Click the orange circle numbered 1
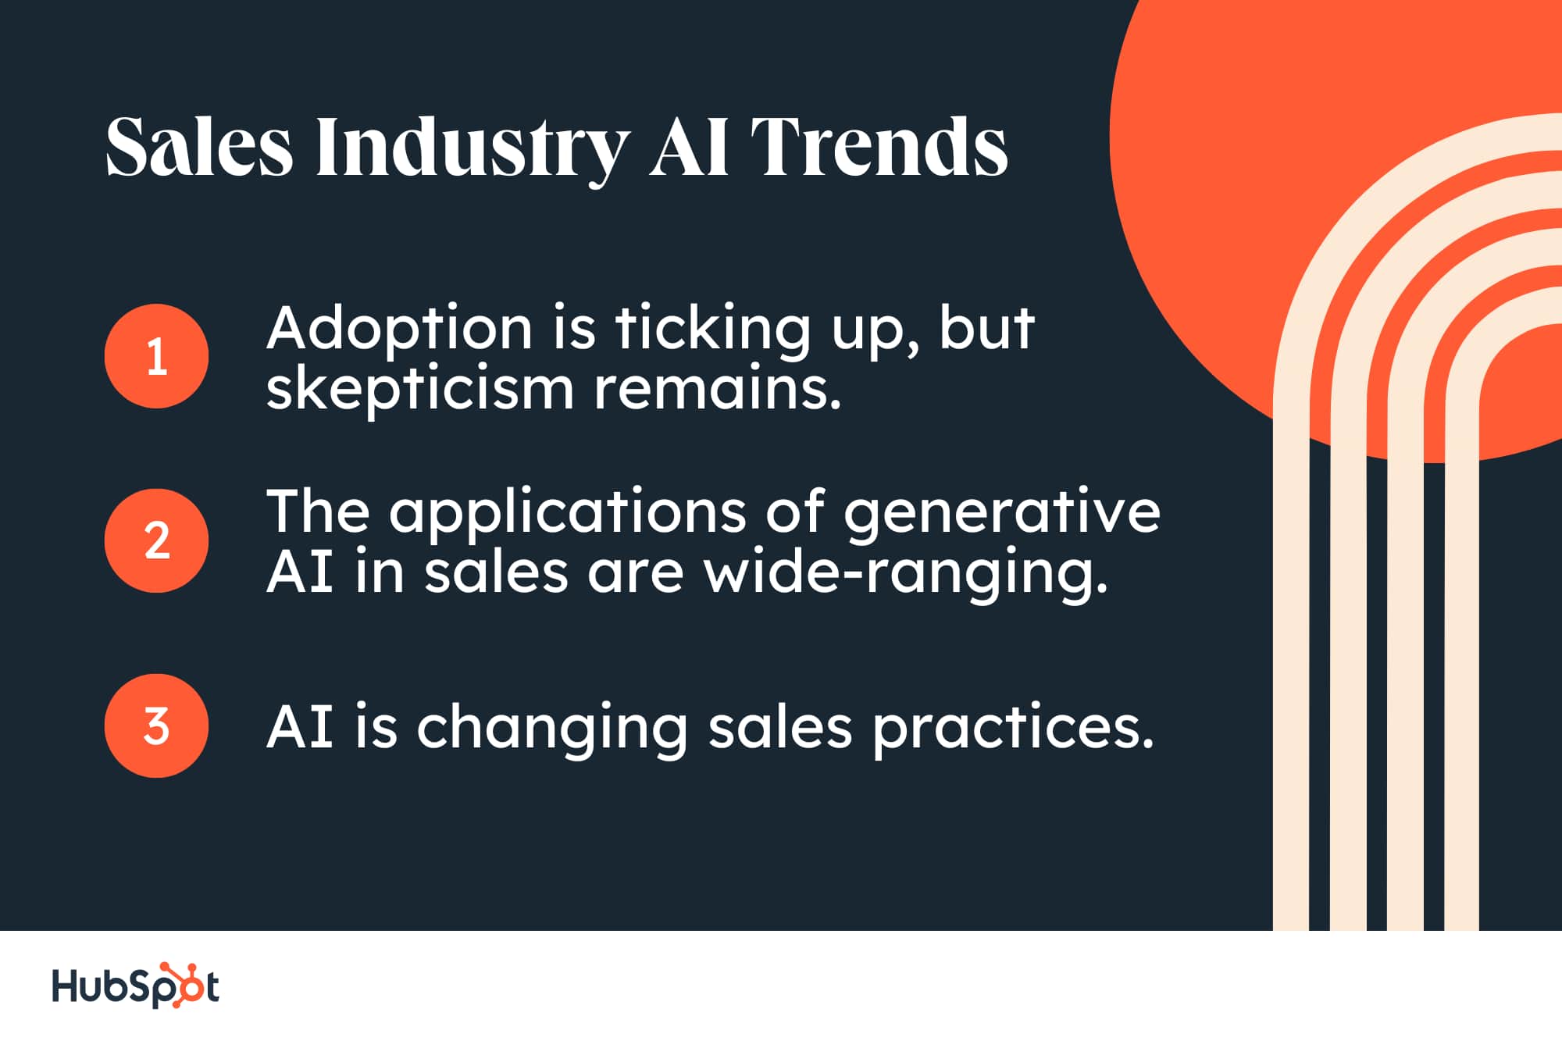[156, 356]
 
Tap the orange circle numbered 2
[156, 540]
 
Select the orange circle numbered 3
[156, 725]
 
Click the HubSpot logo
[135, 985]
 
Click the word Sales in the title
[199, 146]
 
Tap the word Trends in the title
[879, 146]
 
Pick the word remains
[718, 388]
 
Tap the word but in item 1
[987, 326]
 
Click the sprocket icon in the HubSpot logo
[182, 985]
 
